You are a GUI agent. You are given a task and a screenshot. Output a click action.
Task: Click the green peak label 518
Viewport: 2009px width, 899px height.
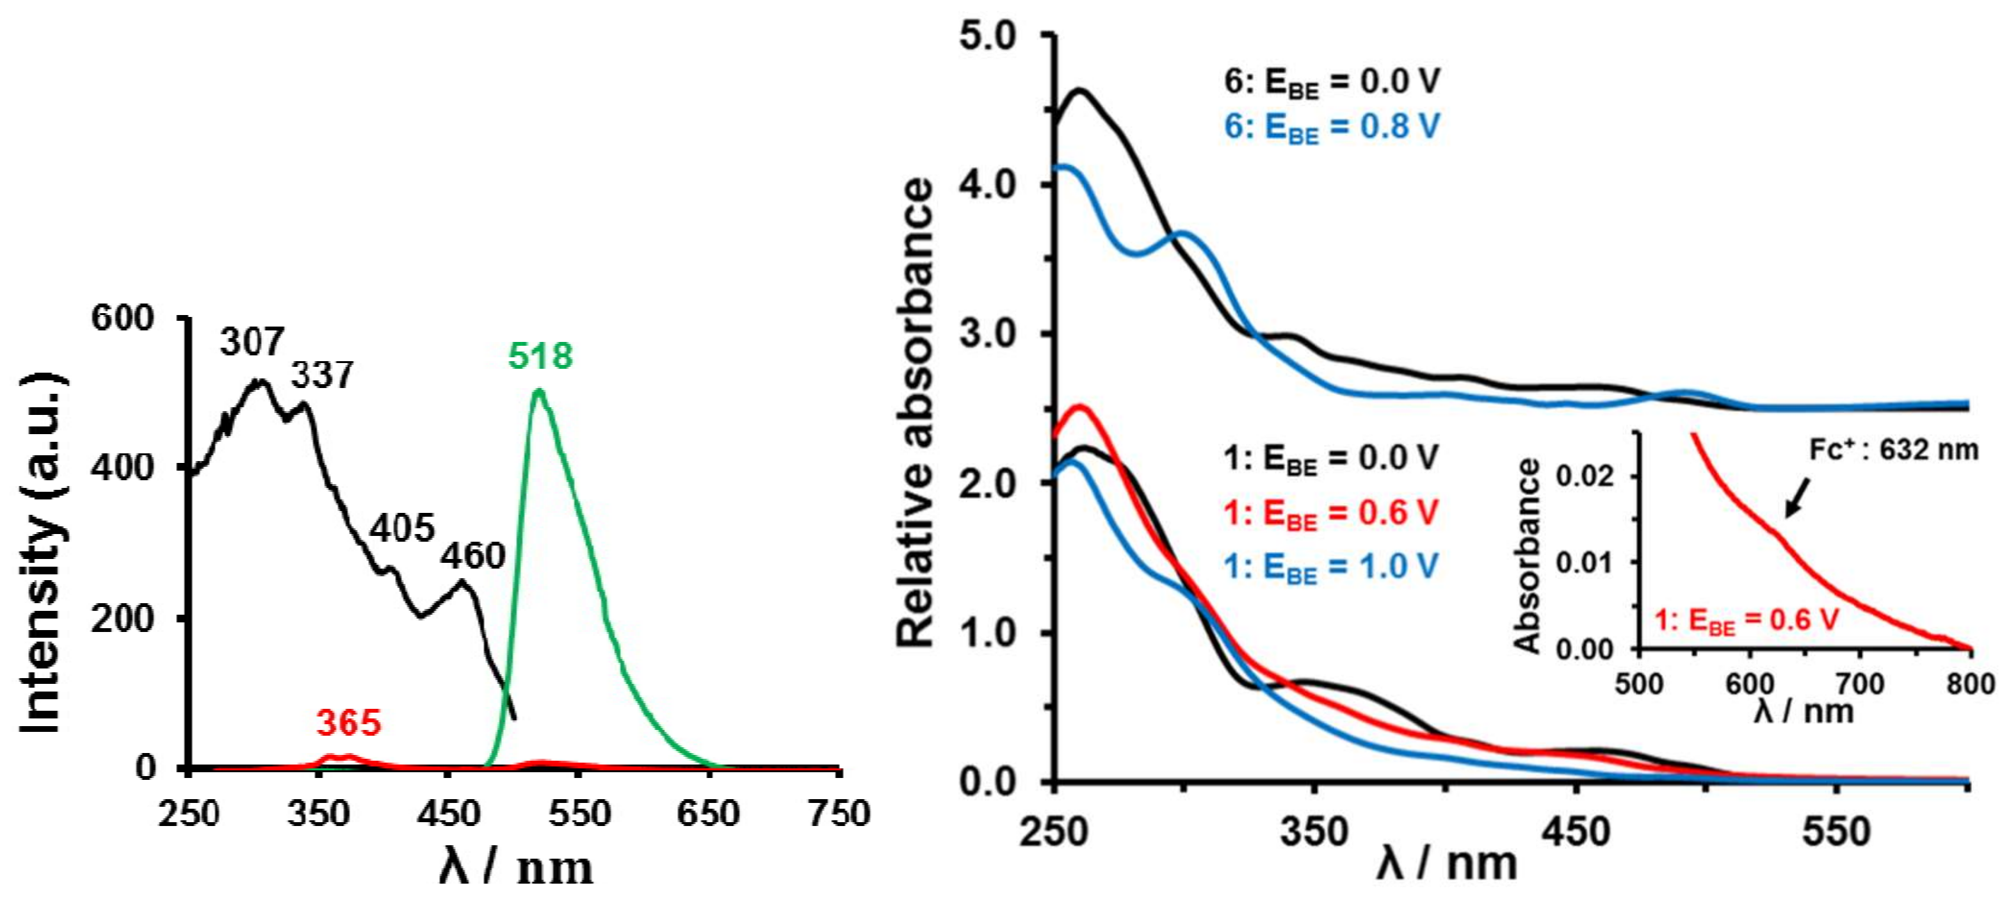[x=540, y=356]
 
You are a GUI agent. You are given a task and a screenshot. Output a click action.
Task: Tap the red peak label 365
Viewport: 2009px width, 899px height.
[x=349, y=723]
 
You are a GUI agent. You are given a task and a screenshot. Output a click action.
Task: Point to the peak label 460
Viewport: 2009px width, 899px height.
[x=472, y=556]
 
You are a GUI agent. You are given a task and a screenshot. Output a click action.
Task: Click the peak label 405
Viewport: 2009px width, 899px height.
[x=401, y=530]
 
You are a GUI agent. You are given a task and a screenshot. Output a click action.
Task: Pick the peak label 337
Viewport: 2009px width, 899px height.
[x=322, y=375]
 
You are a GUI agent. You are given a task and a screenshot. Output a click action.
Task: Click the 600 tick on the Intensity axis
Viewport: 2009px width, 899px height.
[x=122, y=318]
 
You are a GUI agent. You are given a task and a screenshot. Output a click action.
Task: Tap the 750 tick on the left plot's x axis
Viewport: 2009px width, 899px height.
[x=839, y=813]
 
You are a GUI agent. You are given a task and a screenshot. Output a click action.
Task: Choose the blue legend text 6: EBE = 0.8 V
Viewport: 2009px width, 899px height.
[x=1331, y=127]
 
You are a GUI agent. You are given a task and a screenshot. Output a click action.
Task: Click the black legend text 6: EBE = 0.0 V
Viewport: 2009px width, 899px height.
[x=1331, y=82]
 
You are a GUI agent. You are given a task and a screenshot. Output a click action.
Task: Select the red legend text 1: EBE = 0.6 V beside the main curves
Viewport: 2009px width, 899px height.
[x=1330, y=514]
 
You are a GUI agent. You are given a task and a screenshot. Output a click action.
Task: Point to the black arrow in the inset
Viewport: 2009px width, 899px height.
[x=1797, y=498]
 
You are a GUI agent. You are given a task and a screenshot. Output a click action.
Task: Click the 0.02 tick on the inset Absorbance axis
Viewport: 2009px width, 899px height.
[x=1585, y=475]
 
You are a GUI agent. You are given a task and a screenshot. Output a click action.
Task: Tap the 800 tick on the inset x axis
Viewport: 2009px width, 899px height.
[x=1970, y=684]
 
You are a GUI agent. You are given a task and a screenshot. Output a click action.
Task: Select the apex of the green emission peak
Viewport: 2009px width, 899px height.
[x=538, y=390]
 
